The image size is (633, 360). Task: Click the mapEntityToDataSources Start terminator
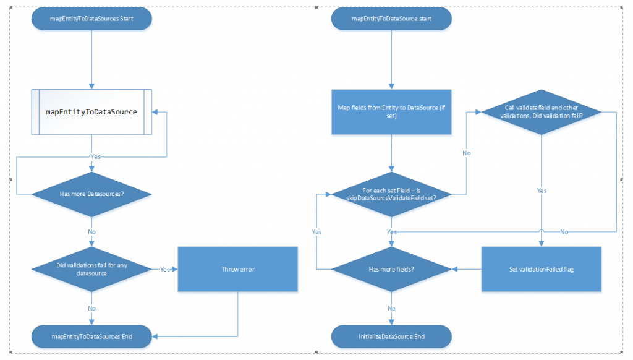91,19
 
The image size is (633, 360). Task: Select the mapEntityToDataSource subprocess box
91,112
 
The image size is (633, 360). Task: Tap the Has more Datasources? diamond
91,194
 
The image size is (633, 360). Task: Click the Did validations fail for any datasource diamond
91,269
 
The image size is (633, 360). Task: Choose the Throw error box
238,269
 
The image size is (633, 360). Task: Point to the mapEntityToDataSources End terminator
91,336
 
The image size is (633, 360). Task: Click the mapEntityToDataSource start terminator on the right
391,19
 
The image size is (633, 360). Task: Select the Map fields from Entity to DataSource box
391,112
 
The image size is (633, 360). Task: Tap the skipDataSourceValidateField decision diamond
391,194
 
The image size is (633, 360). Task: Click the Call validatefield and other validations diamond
541,112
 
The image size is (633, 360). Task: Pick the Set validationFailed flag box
541,269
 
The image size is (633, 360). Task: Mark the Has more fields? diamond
391,269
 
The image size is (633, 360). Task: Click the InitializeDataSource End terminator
391,336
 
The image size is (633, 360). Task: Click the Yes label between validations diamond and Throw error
165,269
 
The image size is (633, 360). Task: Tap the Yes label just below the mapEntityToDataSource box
95,156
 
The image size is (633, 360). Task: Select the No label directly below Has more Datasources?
91,231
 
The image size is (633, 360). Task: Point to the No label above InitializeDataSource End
391,307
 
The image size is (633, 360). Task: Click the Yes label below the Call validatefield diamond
542,191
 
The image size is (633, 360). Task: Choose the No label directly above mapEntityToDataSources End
91,307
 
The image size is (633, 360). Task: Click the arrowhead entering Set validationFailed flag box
541,244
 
